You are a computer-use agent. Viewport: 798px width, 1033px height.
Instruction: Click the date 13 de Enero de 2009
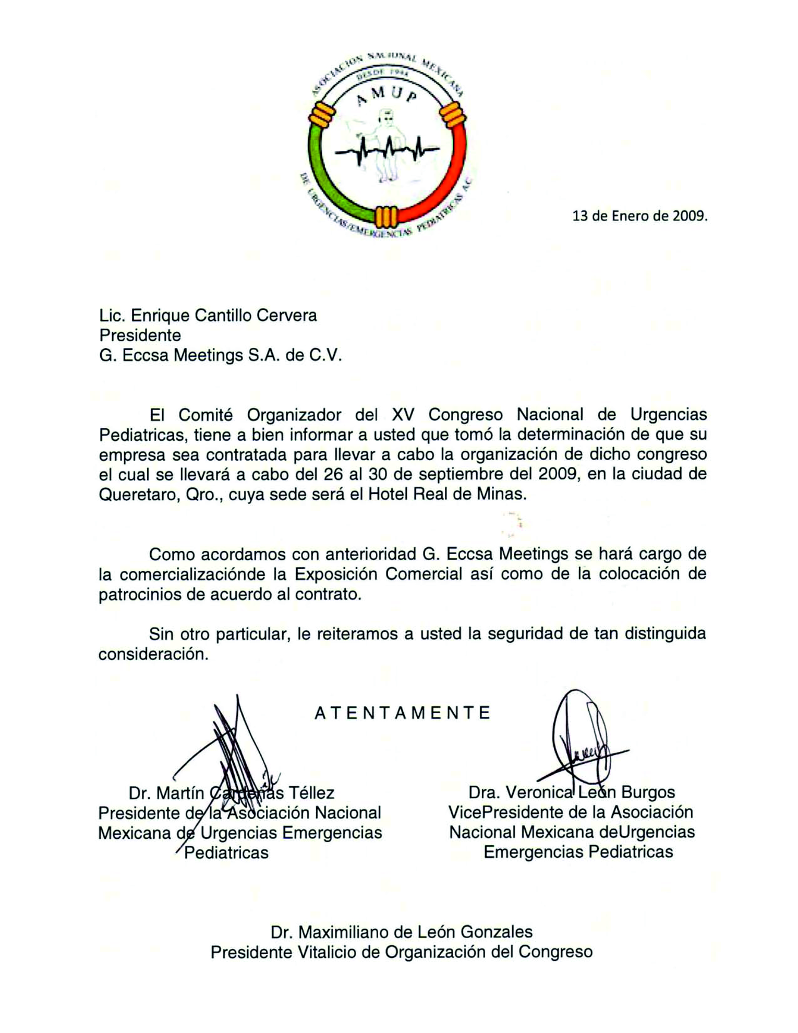640,216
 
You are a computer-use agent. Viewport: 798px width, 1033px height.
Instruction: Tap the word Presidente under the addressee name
140,335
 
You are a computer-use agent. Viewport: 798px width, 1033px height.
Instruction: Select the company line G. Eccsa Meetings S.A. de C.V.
220,355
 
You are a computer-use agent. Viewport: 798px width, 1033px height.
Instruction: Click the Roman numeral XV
403,415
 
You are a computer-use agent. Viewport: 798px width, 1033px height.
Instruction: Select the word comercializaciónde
192,574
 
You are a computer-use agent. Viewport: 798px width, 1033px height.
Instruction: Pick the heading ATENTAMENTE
403,713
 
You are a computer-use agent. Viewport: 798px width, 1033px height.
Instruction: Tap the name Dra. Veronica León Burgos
572,792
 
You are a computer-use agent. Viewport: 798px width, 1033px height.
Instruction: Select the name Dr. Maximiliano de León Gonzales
402,932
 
